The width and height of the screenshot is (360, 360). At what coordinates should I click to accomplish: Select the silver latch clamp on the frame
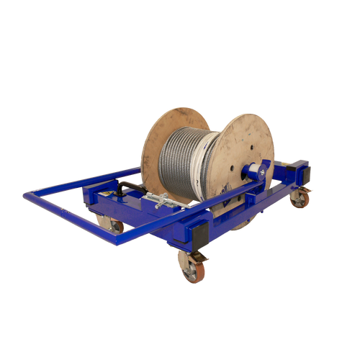(x=157, y=201)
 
